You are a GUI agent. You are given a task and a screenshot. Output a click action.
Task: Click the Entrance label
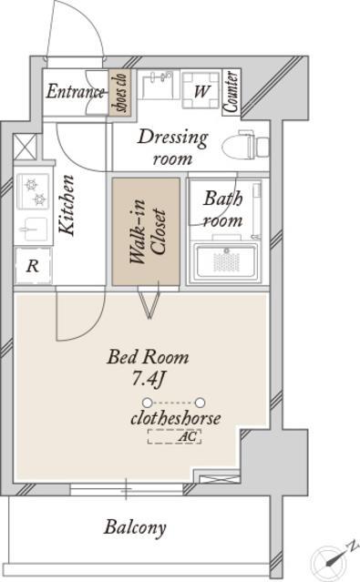tap(75, 92)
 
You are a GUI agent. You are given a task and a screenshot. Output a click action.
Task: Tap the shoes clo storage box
tap(120, 92)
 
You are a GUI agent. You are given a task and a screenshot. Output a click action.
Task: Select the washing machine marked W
tap(201, 89)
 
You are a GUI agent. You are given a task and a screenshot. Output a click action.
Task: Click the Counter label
tap(231, 92)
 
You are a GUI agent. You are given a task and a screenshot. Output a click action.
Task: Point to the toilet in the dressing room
tap(245, 146)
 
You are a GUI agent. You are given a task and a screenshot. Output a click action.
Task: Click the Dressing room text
tap(173, 148)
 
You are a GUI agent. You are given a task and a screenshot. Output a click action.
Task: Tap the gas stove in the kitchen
tap(34, 191)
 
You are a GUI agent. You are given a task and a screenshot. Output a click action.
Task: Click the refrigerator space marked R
tap(33, 265)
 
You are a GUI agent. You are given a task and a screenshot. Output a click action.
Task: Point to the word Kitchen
tap(67, 205)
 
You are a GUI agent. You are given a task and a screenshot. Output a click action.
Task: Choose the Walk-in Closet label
tap(147, 232)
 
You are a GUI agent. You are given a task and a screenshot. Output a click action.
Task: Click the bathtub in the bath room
tap(227, 261)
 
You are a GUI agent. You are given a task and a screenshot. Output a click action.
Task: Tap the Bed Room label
tap(148, 357)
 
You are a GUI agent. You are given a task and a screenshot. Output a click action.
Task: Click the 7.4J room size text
tap(149, 379)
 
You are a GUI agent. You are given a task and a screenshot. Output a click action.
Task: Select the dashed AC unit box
tap(174, 436)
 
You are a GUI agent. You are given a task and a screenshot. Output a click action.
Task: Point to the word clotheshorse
tap(176, 418)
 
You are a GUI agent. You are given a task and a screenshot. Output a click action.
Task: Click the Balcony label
tap(135, 527)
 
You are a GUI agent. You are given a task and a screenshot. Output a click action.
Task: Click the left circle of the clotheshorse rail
tap(148, 403)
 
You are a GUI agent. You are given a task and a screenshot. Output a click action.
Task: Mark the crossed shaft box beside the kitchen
tap(26, 147)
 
